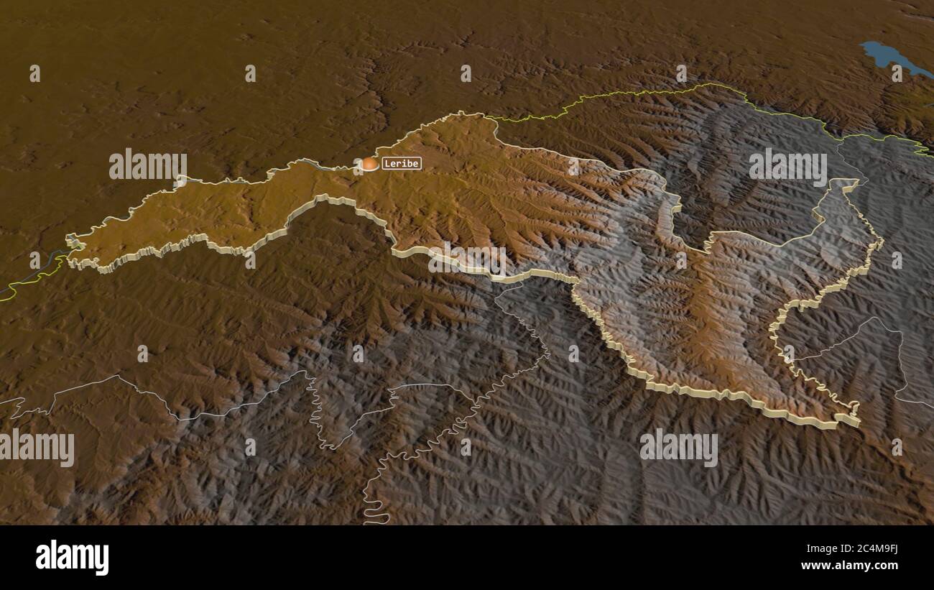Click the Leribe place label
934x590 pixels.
tap(401, 163)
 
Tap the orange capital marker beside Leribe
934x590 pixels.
tap(369, 165)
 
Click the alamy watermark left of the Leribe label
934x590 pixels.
tap(148, 165)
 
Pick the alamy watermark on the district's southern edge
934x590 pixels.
tap(467, 259)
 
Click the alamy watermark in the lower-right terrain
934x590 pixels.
tap(678, 448)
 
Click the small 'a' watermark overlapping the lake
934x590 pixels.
tap(897, 73)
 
